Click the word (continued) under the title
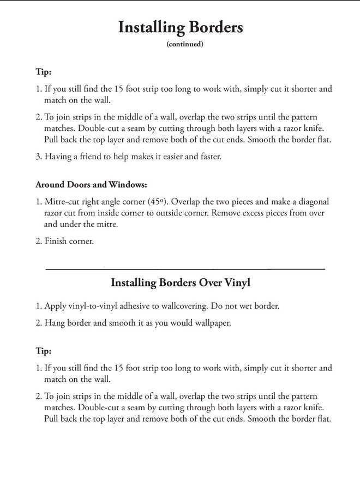(184, 45)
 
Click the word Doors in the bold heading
(74, 184)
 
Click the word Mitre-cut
(62, 201)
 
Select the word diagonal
(311, 201)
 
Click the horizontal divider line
(185, 269)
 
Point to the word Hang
(54, 322)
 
